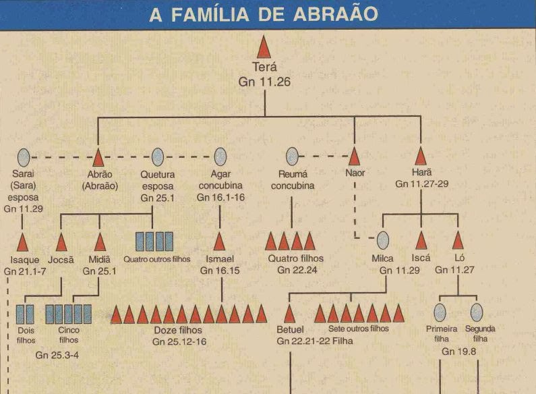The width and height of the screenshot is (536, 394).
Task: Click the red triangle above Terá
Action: [x=264, y=49]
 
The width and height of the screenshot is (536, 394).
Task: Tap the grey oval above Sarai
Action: [x=24, y=157]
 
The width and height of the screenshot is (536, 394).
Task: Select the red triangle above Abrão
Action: [x=98, y=157]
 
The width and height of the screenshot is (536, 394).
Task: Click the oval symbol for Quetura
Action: [x=158, y=157]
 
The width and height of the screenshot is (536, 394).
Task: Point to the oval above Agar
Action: [x=220, y=157]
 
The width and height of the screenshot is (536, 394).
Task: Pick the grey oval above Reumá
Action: [x=292, y=157]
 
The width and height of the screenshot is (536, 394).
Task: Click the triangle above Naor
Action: [x=354, y=157]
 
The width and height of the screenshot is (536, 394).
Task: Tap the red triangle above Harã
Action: [x=421, y=157]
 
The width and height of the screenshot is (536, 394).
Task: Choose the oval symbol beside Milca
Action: [x=383, y=241]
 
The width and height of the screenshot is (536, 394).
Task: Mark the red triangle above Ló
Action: [x=458, y=241]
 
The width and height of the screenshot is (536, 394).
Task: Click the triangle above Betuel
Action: [x=290, y=314]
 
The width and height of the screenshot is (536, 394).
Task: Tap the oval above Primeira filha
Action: [x=440, y=312]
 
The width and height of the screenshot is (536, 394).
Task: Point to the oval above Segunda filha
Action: [x=477, y=312]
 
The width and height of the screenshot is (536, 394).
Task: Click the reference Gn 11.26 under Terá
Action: [x=264, y=82]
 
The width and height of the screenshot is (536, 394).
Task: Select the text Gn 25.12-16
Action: [x=179, y=342]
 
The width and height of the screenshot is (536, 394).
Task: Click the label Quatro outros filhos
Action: [x=156, y=258]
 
